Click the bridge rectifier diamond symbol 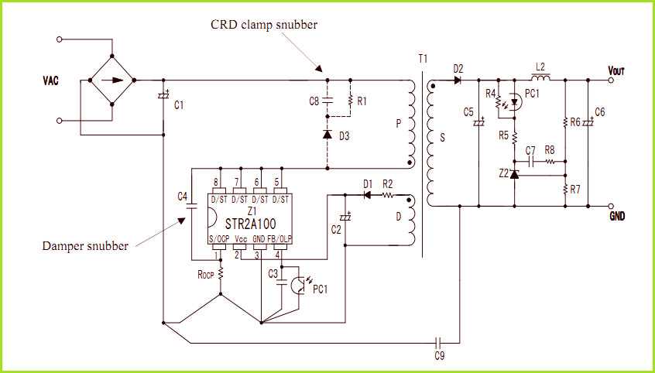pos(113,79)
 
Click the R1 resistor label pos(362,101)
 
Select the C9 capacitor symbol pos(439,340)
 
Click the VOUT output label pos(616,70)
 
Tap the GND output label pos(617,217)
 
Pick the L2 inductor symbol pos(540,78)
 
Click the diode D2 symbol pos(458,79)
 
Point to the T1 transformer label pos(422,59)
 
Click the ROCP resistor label pos(206,274)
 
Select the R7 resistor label pos(575,190)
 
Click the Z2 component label pos(504,174)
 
